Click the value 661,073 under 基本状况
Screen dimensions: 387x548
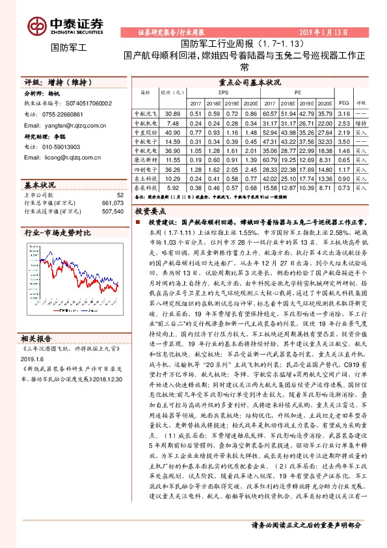[111, 202]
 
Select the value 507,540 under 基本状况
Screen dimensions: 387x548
[111, 211]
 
